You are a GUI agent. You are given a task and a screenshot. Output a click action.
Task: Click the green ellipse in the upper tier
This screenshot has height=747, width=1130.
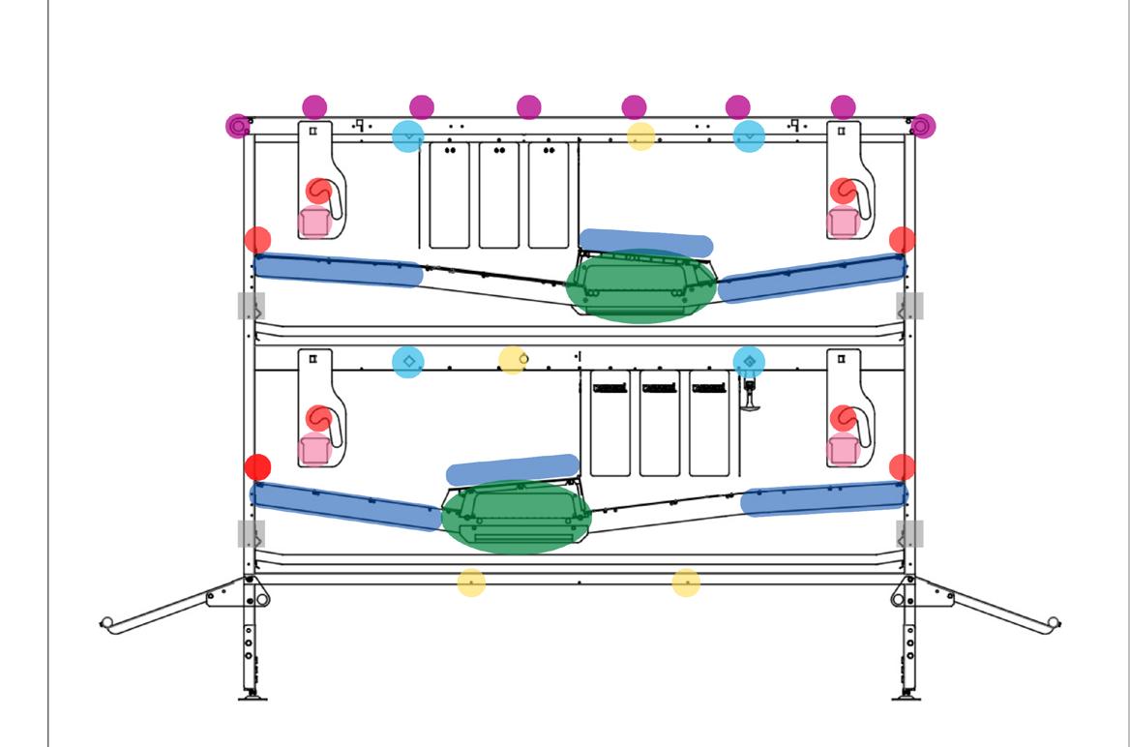click(x=640, y=285)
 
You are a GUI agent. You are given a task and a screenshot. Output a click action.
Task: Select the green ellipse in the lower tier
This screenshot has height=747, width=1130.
click(x=516, y=517)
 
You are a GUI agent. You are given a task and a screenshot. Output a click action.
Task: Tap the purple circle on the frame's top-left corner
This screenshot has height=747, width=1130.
click(x=238, y=126)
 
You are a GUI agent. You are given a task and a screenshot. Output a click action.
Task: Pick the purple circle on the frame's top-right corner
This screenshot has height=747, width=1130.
click(x=923, y=126)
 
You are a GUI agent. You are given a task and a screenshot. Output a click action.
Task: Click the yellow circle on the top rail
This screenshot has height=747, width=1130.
click(x=640, y=136)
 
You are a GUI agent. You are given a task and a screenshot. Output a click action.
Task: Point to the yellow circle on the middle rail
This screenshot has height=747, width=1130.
click(x=512, y=361)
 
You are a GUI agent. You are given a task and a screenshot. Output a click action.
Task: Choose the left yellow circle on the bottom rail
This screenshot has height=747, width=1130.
click(x=471, y=583)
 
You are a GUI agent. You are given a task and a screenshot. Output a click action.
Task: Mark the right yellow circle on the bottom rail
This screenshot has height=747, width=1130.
click(x=686, y=583)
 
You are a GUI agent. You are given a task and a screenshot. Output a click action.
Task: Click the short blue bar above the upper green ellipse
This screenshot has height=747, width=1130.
click(x=645, y=243)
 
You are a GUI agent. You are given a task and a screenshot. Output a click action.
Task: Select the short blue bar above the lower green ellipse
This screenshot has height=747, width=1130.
click(x=513, y=469)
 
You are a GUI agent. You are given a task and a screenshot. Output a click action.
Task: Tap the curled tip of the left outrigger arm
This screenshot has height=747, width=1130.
click(x=106, y=622)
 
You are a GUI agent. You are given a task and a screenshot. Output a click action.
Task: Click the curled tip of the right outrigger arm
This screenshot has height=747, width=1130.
click(x=1054, y=622)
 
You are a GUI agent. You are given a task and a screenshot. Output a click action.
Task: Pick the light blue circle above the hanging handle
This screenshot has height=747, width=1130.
click(x=749, y=361)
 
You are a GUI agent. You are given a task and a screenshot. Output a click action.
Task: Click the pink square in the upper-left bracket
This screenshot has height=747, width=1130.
click(x=313, y=223)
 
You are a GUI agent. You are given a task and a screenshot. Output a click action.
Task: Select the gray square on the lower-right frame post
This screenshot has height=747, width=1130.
click(x=909, y=533)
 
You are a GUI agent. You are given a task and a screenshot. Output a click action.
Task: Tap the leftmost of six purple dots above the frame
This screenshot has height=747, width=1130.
click(x=314, y=106)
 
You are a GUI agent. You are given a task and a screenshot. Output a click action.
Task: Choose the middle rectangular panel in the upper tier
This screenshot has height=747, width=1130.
click(x=499, y=195)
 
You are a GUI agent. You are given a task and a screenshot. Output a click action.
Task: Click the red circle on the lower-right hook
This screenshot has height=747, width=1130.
click(x=843, y=418)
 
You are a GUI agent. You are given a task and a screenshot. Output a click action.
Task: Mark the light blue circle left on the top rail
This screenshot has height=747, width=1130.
click(x=408, y=136)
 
